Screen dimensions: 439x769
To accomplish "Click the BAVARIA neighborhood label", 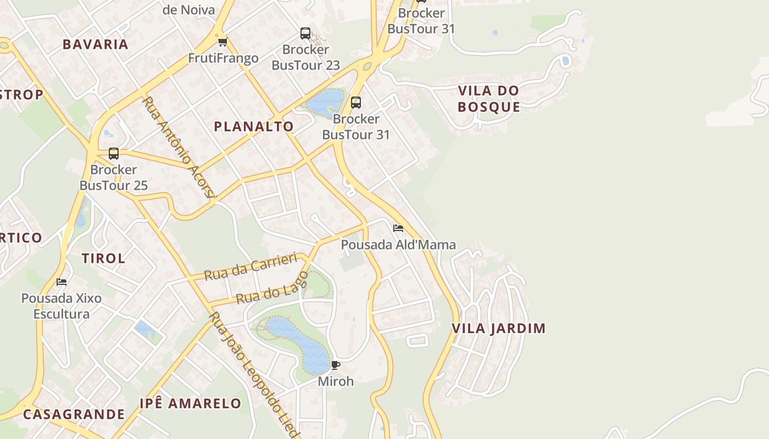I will point(96,44).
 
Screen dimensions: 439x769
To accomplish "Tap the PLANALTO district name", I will point(254,127).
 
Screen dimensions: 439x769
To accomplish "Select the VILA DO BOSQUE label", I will point(488,99).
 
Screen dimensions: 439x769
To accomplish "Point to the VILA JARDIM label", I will point(499,329).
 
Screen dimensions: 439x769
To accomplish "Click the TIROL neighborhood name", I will point(103,258).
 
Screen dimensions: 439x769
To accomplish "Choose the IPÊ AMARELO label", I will point(190,404).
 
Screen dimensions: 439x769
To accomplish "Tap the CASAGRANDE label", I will point(74,414).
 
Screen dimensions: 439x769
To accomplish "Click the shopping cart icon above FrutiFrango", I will point(222,42).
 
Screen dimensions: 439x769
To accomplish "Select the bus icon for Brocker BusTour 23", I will point(305,33).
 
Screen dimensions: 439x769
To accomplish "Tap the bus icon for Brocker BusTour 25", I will point(114,154).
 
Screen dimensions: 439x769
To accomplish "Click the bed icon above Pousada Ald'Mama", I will point(398,228).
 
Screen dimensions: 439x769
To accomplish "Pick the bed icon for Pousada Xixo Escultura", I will point(62,282).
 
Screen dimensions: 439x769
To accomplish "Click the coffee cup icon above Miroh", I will point(336,365).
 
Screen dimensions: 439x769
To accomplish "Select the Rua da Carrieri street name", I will point(250,267).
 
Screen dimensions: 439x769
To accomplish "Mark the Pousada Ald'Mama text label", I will point(398,245).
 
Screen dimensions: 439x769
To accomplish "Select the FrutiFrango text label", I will point(223,58).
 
